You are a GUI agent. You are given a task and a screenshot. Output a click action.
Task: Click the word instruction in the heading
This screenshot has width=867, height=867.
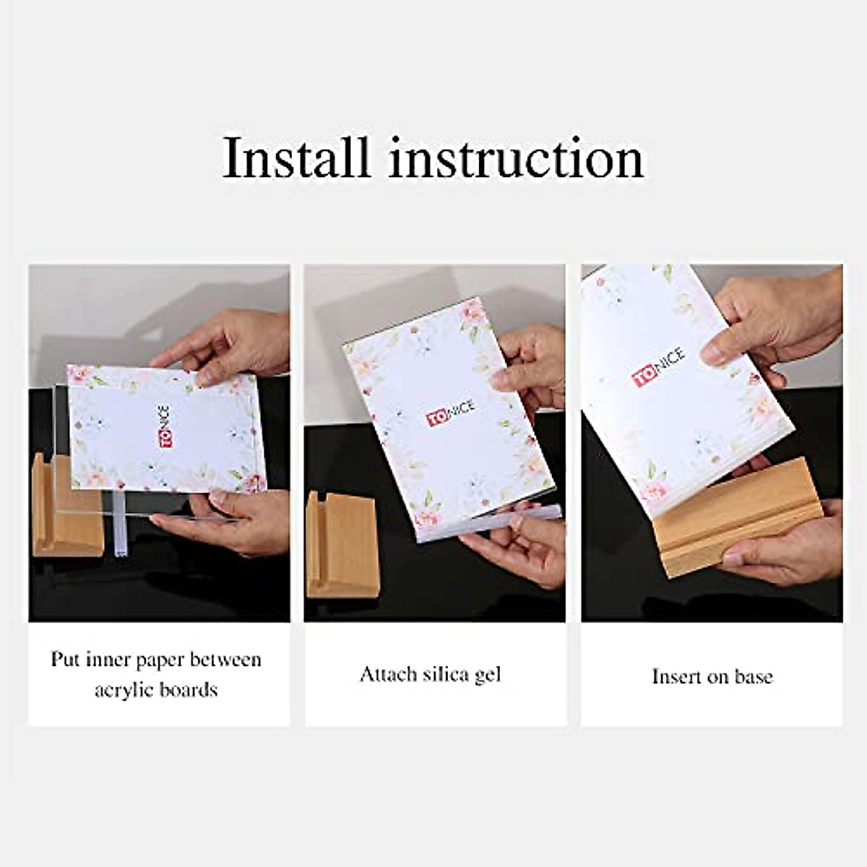click(x=516, y=158)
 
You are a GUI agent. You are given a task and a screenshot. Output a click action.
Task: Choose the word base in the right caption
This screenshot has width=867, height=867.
click(x=753, y=676)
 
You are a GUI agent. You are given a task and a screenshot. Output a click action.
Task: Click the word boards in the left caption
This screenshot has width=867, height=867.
click(x=190, y=690)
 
